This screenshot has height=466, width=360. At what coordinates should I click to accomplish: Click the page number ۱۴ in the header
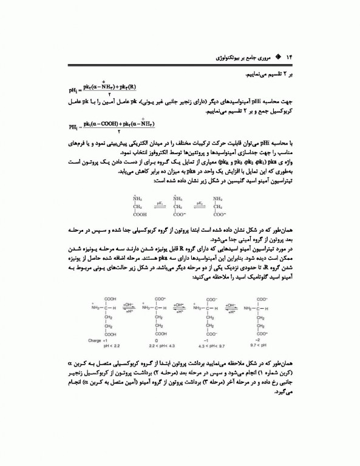click(x=289, y=56)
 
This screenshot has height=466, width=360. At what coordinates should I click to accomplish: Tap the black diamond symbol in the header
click(x=278, y=56)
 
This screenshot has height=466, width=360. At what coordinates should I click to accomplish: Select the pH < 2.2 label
click(x=95, y=345)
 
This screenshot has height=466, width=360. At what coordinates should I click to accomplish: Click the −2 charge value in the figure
click(x=259, y=340)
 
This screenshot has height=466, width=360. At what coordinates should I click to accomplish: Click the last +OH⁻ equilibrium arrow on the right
click(x=232, y=307)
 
